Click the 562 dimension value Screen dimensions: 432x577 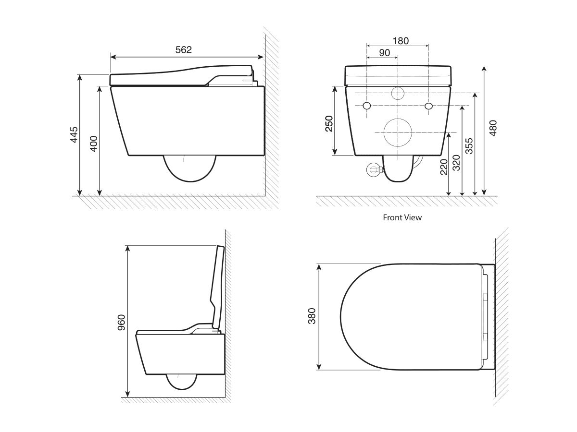pos(183,49)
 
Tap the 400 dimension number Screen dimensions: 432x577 pos(94,143)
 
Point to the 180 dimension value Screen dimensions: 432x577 pos(400,41)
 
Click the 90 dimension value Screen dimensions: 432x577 pos(384,53)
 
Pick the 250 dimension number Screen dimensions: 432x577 pos(329,124)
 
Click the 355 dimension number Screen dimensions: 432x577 pos(469,146)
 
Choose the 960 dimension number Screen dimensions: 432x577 pos(122,322)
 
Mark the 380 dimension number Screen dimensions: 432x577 pos(312,316)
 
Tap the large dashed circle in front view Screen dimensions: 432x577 pos(398,132)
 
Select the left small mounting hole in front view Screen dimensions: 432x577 pos(367,106)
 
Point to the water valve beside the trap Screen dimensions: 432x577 pos(373,169)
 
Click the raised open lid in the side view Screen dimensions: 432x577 pos(217,288)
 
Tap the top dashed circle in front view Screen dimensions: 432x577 pos(398,93)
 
